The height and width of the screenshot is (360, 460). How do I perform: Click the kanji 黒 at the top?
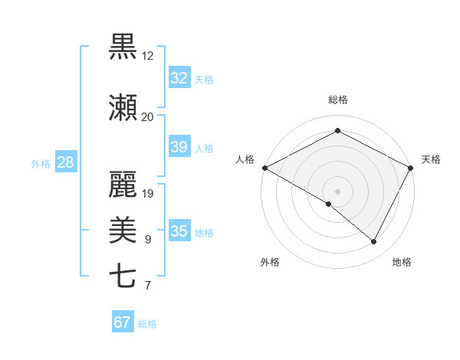123,47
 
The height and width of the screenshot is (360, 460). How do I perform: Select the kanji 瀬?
123,107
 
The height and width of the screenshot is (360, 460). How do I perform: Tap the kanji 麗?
123,183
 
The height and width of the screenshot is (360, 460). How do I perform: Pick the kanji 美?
123,230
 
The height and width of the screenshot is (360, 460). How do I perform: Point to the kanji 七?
123,277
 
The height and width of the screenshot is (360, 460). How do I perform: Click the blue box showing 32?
179,78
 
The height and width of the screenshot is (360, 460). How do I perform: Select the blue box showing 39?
179,147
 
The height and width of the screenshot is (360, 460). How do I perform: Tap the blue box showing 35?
179,231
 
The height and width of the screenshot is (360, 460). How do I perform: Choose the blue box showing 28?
66,162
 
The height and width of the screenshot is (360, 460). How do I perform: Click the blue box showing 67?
122,322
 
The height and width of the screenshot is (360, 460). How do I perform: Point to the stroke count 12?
147,56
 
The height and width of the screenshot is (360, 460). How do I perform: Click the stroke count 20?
147,116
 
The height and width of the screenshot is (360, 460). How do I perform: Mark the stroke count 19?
148,193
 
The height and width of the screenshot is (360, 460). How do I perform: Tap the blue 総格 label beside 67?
147,323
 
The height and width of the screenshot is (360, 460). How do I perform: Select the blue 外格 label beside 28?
41,163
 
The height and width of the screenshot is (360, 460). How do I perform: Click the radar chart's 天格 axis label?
431,159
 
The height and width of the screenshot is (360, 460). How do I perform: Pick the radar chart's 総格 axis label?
337,100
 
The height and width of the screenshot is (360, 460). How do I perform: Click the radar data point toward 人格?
264,167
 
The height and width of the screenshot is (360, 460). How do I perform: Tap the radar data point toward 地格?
374,242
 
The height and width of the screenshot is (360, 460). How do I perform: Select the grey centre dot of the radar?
337,191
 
